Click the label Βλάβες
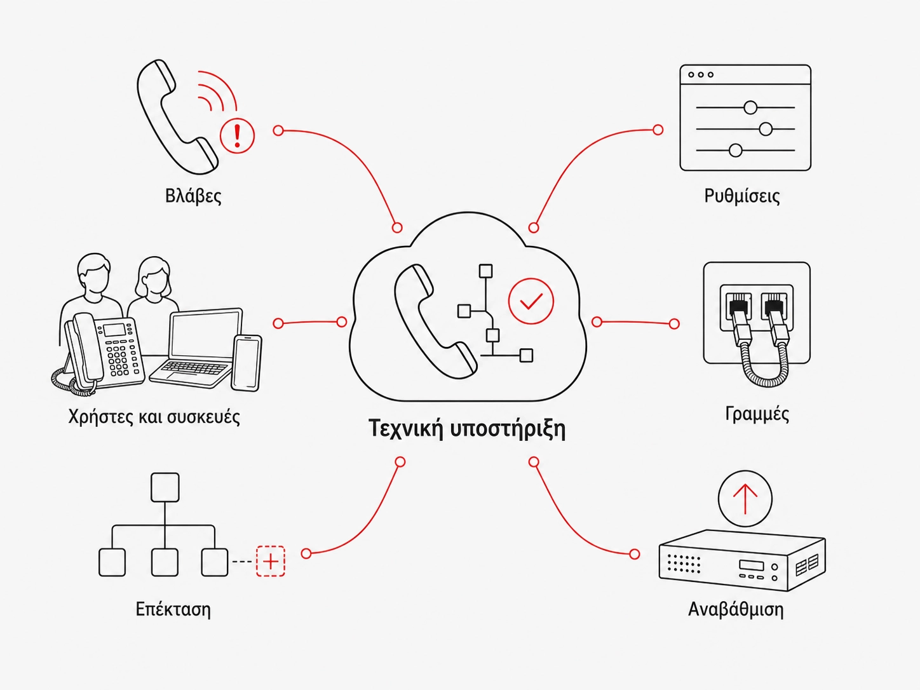click(x=193, y=196)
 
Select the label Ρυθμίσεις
click(x=742, y=196)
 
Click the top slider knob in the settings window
click(x=750, y=107)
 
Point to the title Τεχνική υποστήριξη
click(x=468, y=429)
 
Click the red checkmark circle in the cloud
click(x=531, y=301)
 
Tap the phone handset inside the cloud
click(x=434, y=321)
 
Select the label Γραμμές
click(x=757, y=414)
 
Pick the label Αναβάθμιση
click(x=736, y=609)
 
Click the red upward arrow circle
click(x=745, y=498)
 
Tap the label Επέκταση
click(x=173, y=609)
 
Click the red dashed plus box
click(x=271, y=562)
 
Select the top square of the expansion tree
click(x=165, y=487)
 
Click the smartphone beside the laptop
click(x=247, y=363)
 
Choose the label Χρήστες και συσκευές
click(x=154, y=417)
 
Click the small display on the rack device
click(x=751, y=565)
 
